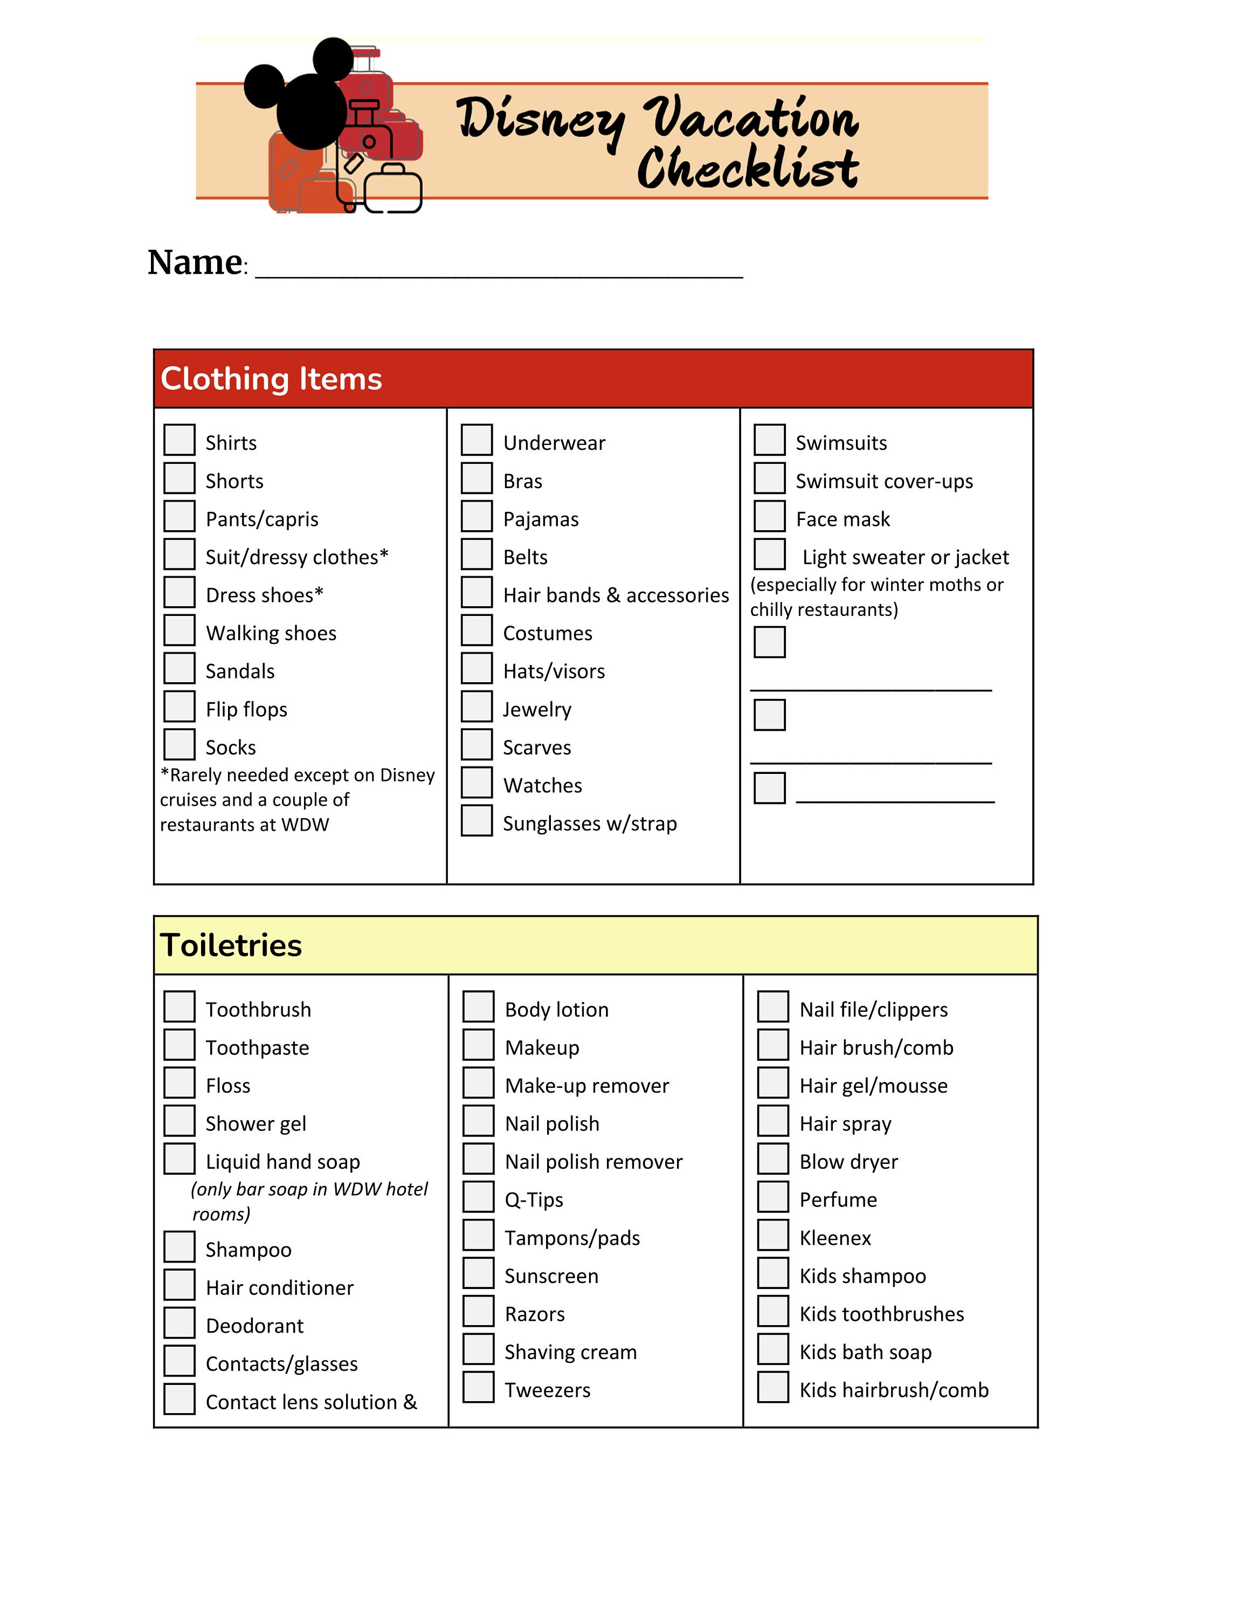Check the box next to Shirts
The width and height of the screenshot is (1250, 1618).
[179, 440]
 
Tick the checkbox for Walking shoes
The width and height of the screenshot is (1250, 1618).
[179, 630]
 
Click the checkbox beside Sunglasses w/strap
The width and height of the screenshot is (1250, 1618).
[477, 820]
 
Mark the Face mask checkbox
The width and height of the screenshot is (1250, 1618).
[769, 516]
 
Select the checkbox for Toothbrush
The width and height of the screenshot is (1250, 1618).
[179, 1006]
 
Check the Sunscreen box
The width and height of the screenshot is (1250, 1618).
[478, 1273]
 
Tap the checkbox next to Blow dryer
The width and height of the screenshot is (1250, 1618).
[773, 1158]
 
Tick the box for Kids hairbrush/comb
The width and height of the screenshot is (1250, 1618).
[773, 1387]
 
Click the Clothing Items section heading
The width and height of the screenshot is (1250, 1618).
[271, 379]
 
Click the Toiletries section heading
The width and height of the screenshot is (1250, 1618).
[231, 945]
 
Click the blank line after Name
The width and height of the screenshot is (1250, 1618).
[499, 267]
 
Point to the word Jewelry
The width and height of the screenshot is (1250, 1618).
[537, 710]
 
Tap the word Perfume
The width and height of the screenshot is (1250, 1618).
[838, 1200]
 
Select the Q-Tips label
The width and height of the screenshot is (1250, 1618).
[534, 1200]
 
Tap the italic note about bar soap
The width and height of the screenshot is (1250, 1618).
[309, 1201]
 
